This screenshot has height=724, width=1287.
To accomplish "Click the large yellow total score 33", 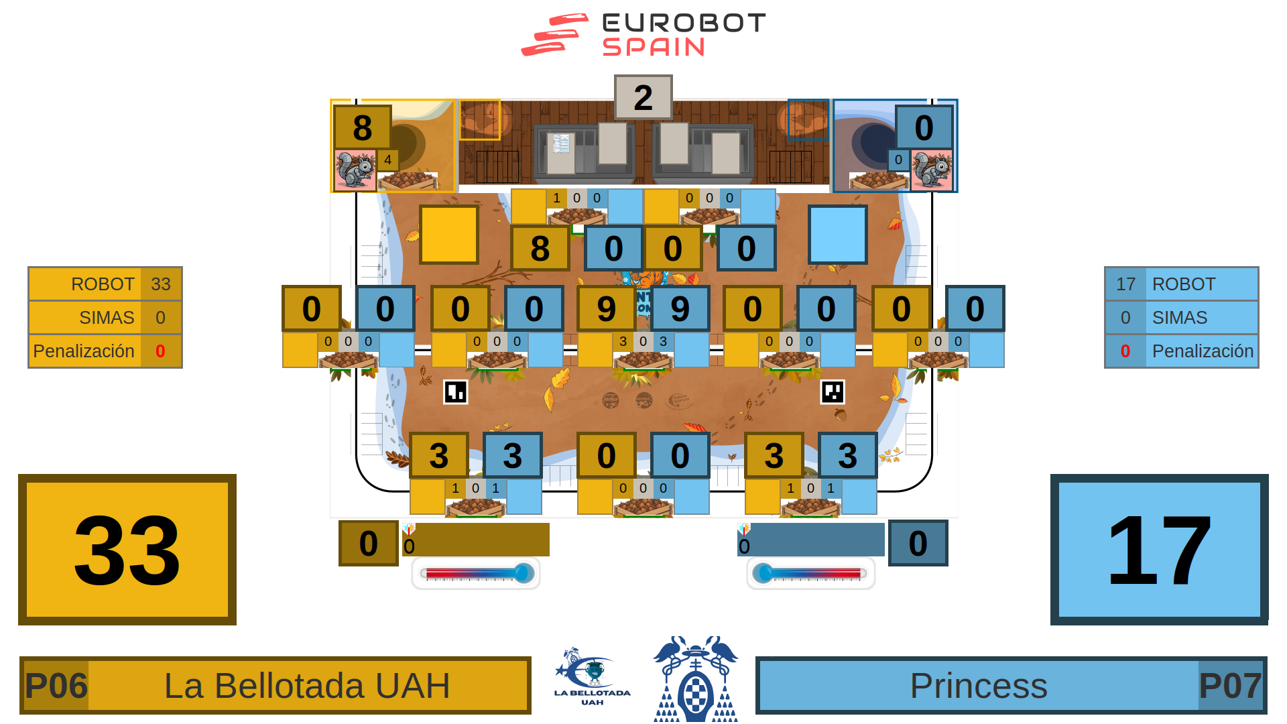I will tap(127, 550).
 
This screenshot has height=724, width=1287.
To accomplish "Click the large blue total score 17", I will tap(1159, 550).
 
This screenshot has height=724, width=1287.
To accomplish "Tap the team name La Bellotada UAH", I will tap(307, 686).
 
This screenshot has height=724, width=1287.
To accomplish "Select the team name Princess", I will tap(978, 686).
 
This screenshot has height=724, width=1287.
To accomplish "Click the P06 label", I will tap(56, 686).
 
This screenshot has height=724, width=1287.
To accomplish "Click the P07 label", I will tap(1230, 686).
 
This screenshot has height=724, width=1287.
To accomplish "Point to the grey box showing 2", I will tap(643, 98).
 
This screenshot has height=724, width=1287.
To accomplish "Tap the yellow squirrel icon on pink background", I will tap(355, 170).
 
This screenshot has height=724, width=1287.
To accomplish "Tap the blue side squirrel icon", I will tap(931, 170).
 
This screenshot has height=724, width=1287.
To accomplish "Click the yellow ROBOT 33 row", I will tap(105, 284).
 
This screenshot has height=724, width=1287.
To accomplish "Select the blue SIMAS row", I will tap(1181, 318).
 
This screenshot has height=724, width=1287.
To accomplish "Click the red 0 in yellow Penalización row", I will tap(160, 351).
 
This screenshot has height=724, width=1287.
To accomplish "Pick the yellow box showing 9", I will tap(606, 309).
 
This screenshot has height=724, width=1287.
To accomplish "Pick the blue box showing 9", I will tap(680, 309).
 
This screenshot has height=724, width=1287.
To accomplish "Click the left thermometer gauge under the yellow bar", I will tap(476, 574).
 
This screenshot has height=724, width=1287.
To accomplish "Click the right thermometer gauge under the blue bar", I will tap(810, 574).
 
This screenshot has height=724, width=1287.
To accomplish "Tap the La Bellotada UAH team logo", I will tap(592, 677).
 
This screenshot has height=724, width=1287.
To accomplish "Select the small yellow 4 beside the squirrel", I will tap(387, 160).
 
